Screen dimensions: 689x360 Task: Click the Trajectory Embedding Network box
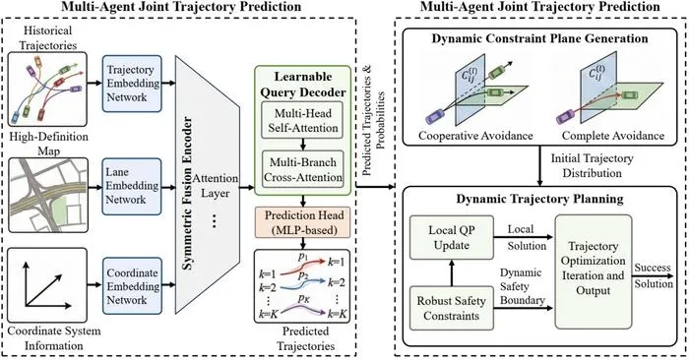pos(132,84)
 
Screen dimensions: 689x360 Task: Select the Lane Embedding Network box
pos(132,186)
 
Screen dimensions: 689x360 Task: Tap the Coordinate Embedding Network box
pos(132,286)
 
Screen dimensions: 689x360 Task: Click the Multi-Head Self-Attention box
pos(303,120)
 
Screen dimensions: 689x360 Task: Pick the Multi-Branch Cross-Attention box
pos(303,169)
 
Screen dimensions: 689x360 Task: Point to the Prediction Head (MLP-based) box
pos(303,222)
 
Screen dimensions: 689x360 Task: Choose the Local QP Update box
pos(451,237)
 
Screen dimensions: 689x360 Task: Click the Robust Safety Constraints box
pos(451,308)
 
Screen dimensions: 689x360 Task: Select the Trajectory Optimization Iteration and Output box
pos(594,271)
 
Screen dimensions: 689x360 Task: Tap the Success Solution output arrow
pos(653,276)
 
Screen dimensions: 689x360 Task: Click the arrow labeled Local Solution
pos(524,237)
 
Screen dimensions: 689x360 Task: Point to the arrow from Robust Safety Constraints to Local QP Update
pos(451,273)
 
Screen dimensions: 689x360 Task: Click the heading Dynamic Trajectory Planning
pos(539,199)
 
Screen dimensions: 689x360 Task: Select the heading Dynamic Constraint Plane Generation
pos(539,38)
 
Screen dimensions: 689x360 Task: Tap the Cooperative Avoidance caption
pos(475,135)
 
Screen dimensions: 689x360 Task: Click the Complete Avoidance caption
pos(613,135)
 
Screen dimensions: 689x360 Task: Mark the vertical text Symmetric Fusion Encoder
pos(187,193)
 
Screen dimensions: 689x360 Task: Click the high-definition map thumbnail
pos(48,196)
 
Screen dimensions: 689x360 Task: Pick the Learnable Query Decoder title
pos(303,85)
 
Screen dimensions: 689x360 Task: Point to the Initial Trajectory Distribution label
pos(592,165)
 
